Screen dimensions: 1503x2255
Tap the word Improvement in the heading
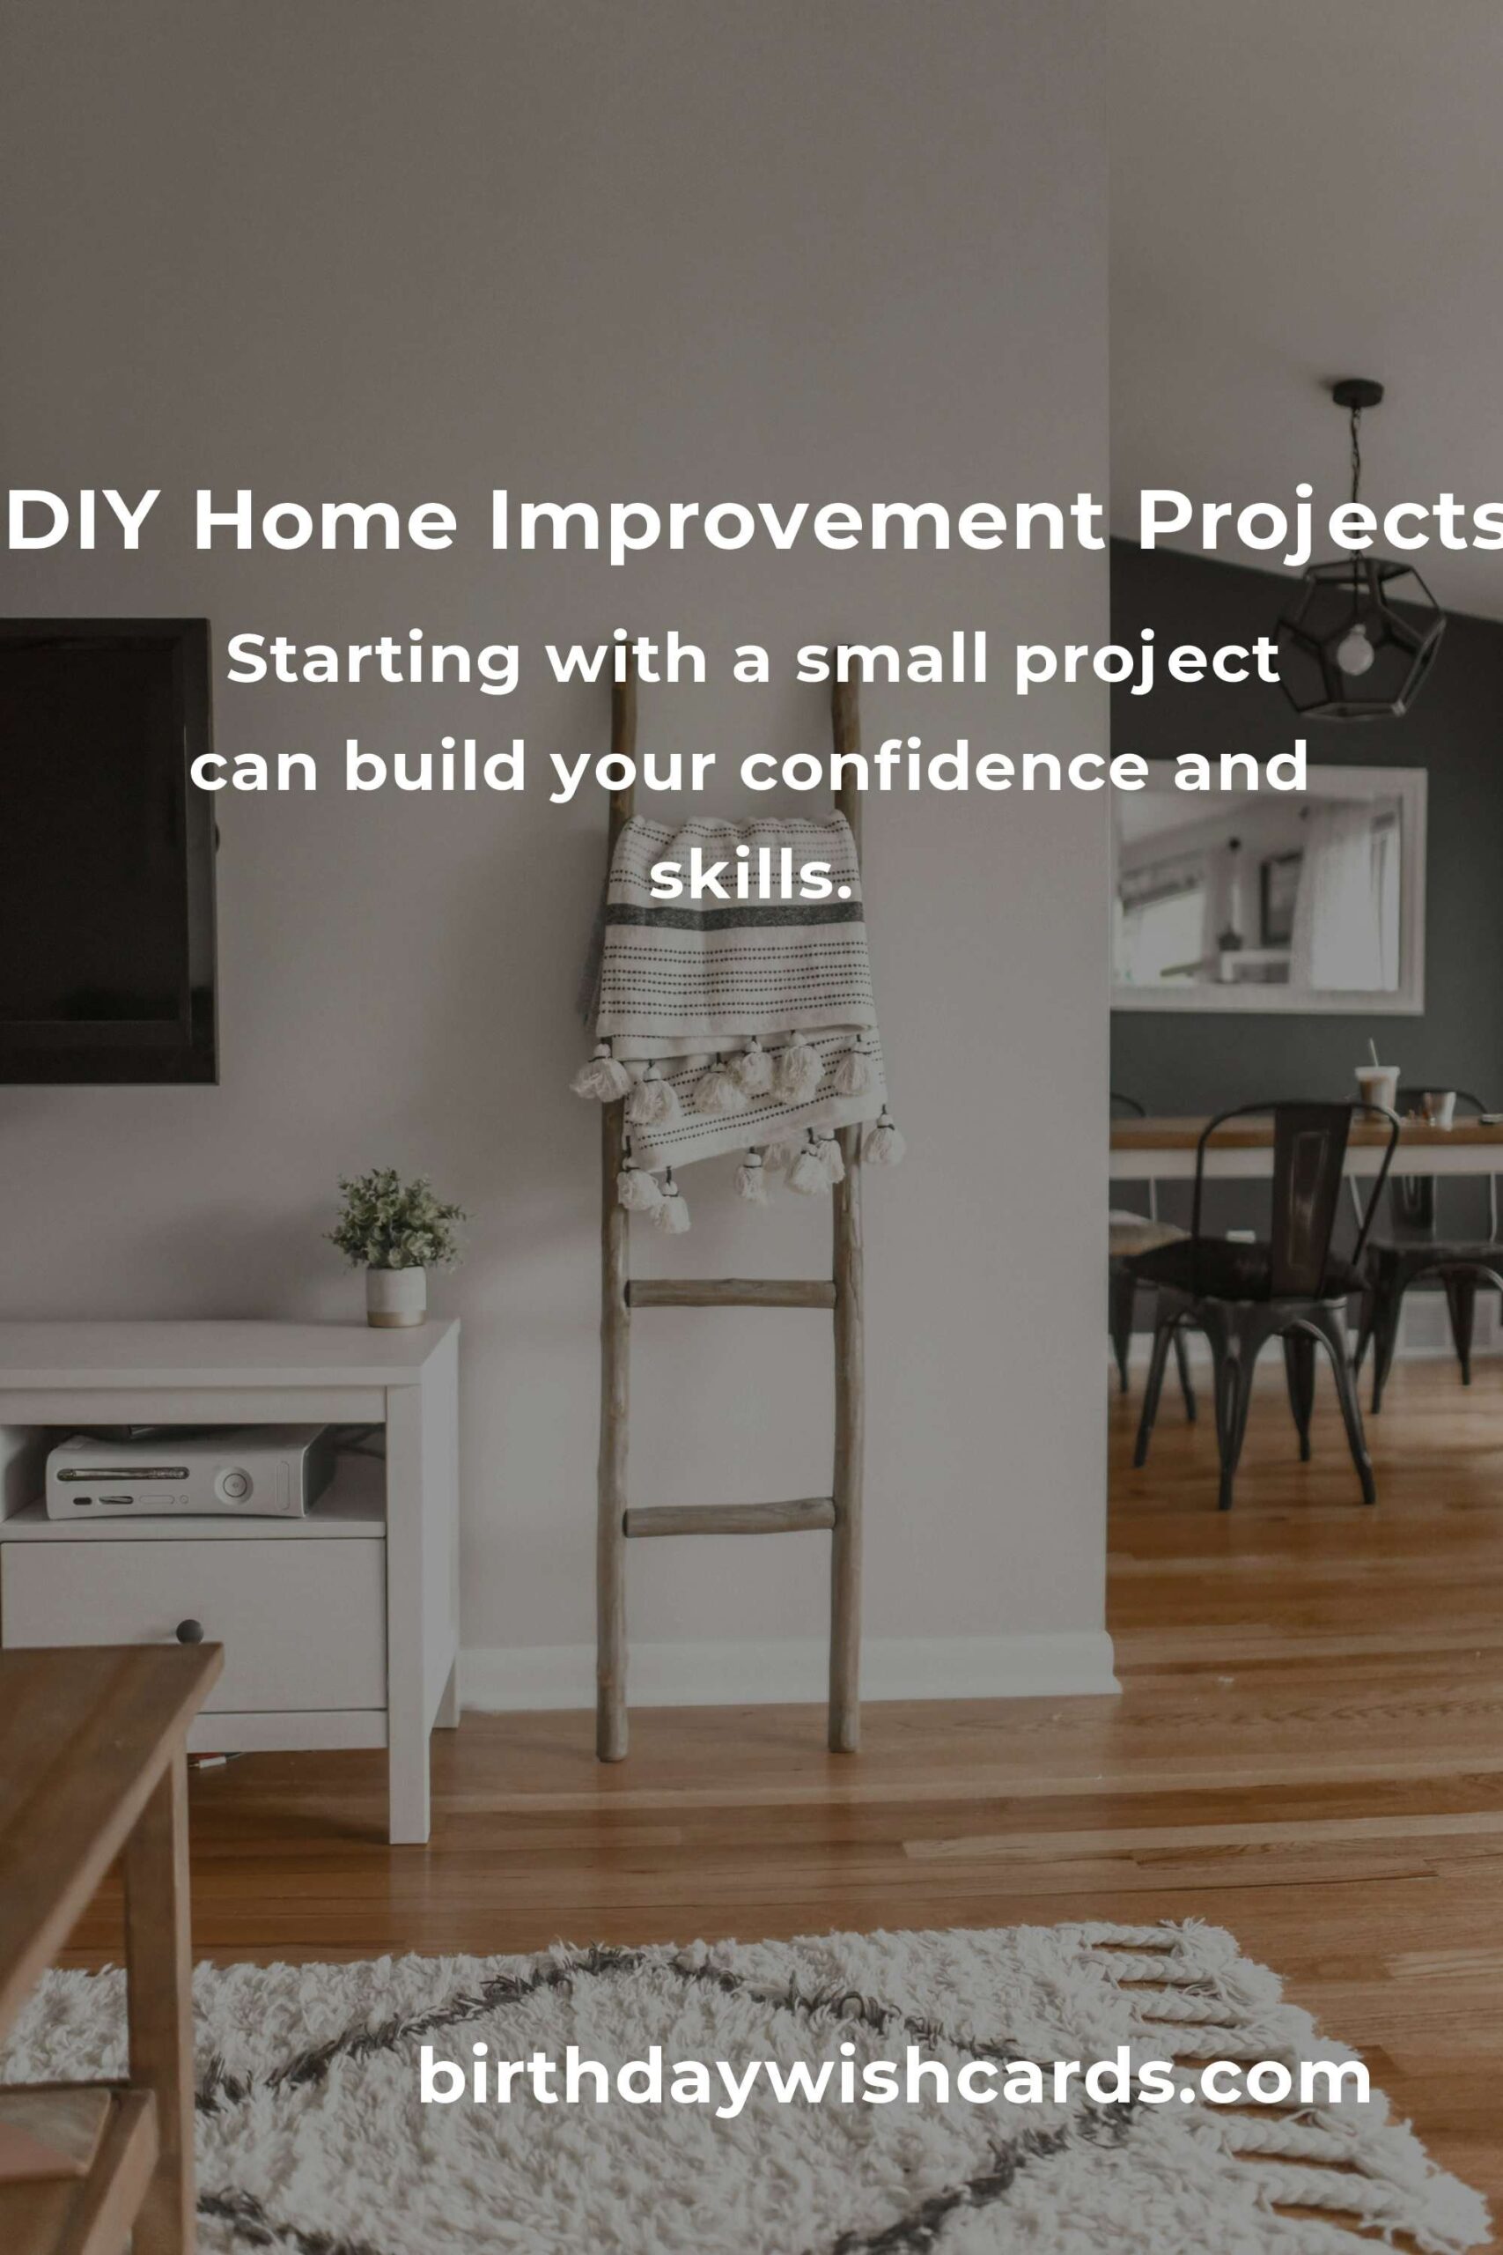[797, 521]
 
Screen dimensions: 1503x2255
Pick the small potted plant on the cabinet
[396, 1246]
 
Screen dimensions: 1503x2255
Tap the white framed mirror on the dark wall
[1267, 891]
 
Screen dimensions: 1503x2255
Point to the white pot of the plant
[396, 1297]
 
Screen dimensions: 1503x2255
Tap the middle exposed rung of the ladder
[731, 1293]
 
